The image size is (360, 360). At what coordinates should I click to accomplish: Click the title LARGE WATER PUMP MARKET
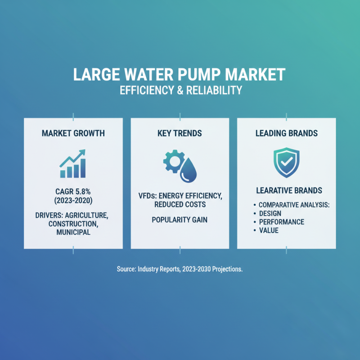(x=180, y=74)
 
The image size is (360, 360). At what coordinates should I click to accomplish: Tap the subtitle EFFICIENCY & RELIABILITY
(x=180, y=90)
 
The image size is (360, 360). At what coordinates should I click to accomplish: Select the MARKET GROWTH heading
(x=73, y=134)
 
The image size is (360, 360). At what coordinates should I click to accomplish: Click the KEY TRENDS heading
(x=180, y=134)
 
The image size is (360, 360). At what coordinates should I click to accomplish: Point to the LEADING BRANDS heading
(x=286, y=134)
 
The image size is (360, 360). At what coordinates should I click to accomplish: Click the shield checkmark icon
(x=286, y=162)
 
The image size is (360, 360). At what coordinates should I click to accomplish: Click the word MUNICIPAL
(x=73, y=233)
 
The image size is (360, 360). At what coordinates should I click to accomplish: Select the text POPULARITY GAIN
(x=180, y=220)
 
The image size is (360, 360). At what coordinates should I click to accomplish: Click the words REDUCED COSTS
(x=180, y=204)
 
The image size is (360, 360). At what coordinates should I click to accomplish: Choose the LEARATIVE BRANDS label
(x=286, y=190)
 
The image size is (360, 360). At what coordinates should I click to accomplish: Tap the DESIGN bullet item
(x=270, y=213)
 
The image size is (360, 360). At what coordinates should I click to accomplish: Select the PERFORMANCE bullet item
(x=282, y=222)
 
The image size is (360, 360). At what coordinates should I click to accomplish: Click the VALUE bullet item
(x=269, y=230)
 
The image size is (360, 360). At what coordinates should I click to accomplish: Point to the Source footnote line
(x=180, y=269)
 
